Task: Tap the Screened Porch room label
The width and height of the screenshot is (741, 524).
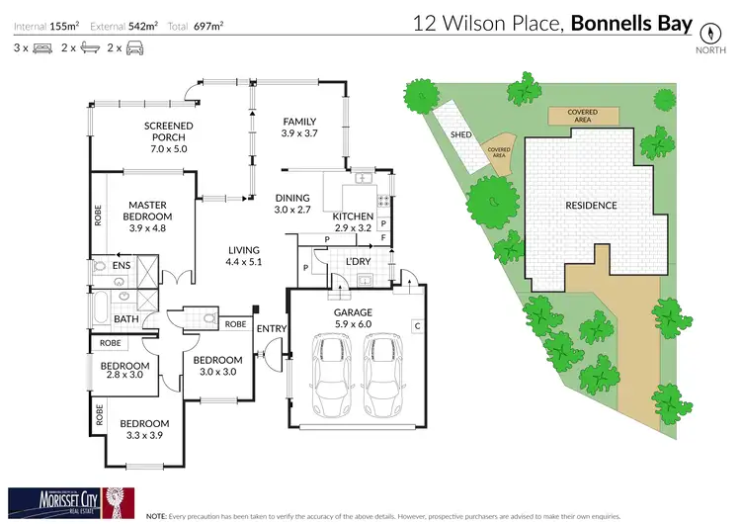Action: [x=168, y=132]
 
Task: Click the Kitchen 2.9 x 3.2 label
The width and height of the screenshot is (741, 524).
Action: [x=353, y=222]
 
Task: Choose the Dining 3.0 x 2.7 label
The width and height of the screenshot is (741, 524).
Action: [x=291, y=204]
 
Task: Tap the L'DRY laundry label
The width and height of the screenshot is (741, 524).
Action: [x=357, y=261]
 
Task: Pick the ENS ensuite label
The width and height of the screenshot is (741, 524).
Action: [x=121, y=266]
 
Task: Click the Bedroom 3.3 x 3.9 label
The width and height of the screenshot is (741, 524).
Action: [x=144, y=429]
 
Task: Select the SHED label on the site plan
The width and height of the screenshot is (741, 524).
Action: [x=459, y=134]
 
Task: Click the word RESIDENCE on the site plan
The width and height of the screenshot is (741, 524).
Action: [x=591, y=206]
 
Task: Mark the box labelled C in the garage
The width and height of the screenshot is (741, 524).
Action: [x=417, y=325]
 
